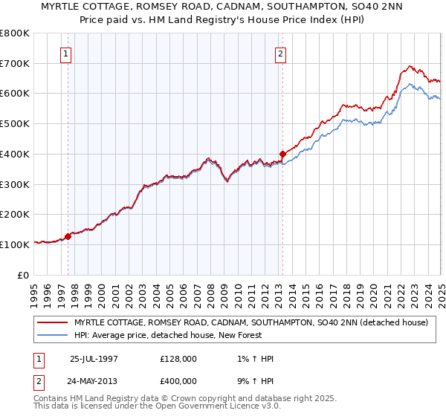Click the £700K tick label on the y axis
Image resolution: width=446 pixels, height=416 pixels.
click(x=14, y=64)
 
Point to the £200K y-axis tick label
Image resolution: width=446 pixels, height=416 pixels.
click(x=14, y=215)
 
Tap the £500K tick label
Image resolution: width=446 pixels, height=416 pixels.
click(x=14, y=124)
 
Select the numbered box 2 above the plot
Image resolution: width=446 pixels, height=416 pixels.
click(x=281, y=53)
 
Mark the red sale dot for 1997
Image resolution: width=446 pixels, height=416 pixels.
click(x=68, y=236)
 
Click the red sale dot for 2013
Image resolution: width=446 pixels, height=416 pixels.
click(x=282, y=155)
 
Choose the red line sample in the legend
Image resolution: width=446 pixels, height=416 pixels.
click(x=53, y=323)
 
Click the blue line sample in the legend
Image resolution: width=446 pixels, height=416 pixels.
click(x=53, y=336)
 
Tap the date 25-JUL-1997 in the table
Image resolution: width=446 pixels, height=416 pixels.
click(x=94, y=359)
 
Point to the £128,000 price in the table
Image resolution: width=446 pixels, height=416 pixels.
click(x=178, y=359)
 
